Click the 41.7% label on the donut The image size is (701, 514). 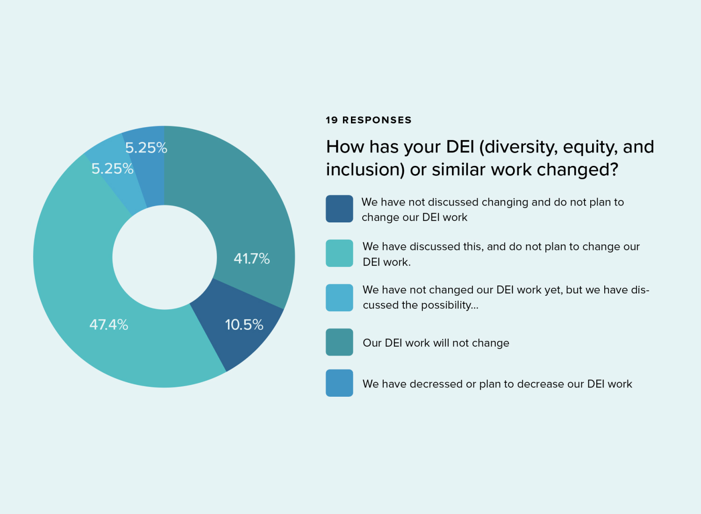pos(251,258)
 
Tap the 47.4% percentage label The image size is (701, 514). pos(108,324)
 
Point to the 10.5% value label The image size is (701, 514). pos(244,324)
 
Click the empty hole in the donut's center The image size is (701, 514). pos(165,257)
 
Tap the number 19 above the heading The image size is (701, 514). pos(332,120)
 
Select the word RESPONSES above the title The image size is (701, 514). pos(377,120)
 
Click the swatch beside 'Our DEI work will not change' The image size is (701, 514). pos(339,342)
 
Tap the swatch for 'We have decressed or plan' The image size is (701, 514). pos(339,383)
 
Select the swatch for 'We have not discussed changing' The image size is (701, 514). pos(339,209)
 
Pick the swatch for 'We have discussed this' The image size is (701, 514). pos(339,253)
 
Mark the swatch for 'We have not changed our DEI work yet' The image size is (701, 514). pos(339,298)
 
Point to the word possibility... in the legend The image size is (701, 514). pos(450,305)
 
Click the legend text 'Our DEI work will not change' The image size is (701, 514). pos(436,343)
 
